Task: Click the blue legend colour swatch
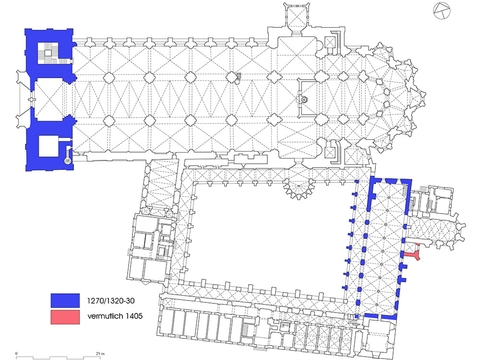click(x=65, y=300)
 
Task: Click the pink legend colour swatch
click(x=65, y=317)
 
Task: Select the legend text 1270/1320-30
click(x=111, y=300)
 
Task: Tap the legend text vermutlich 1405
click(x=115, y=316)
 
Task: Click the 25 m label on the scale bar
click(x=100, y=354)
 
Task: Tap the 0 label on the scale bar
click(x=16, y=354)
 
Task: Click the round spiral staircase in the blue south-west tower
click(x=67, y=160)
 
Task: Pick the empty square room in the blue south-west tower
click(x=48, y=146)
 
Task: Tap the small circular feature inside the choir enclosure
click(x=304, y=99)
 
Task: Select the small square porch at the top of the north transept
click(x=296, y=16)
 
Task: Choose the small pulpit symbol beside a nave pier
click(x=239, y=78)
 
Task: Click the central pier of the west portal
click(x=30, y=99)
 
